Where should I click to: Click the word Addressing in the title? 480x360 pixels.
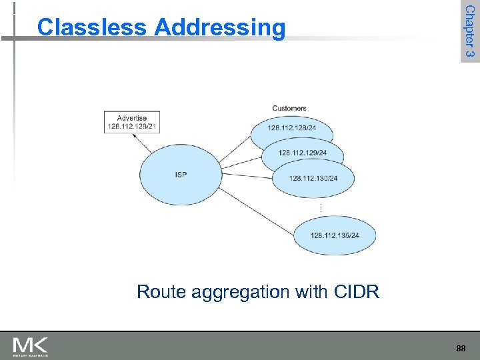click(x=219, y=28)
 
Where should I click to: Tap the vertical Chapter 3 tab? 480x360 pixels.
click(x=469, y=31)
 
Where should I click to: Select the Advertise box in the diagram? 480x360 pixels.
click(x=132, y=123)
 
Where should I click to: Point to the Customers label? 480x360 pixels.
click(x=289, y=108)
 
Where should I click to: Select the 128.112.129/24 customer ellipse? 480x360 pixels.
click(x=303, y=153)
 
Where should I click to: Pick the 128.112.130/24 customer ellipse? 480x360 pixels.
click(x=314, y=178)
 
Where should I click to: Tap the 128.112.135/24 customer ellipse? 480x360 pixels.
click(x=335, y=235)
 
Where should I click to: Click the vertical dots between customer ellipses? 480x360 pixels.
click(x=321, y=208)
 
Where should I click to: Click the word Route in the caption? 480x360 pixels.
click(x=159, y=292)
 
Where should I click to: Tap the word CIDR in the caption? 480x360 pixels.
click(x=356, y=292)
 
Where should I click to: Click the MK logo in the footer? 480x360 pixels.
click(x=31, y=346)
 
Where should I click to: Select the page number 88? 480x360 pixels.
click(x=461, y=348)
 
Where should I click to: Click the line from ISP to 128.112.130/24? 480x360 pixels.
click(x=247, y=176)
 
